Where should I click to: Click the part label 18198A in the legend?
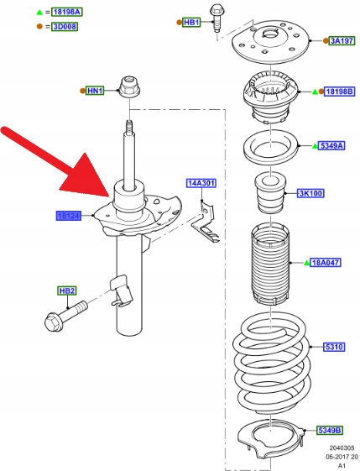tap(67, 12)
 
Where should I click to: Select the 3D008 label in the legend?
tap(65, 26)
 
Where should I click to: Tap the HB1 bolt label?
tap(191, 22)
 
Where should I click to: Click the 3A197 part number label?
tap(342, 40)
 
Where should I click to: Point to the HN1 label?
tap(95, 91)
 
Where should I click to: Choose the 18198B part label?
tap(340, 92)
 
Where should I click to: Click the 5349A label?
tap(332, 146)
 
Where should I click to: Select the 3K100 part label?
tap(310, 193)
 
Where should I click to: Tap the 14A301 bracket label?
tap(201, 183)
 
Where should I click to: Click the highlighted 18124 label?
tap(69, 216)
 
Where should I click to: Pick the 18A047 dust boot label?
tap(326, 263)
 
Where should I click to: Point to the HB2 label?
tap(67, 290)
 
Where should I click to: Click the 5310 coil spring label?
tap(334, 347)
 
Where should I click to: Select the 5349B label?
tap(330, 431)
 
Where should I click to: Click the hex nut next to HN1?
tap(130, 87)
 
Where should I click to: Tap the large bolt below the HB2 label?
tap(66, 317)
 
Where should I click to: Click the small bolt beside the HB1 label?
tap(217, 18)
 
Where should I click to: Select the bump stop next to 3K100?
tap(270, 193)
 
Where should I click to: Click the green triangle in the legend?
tap(39, 13)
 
